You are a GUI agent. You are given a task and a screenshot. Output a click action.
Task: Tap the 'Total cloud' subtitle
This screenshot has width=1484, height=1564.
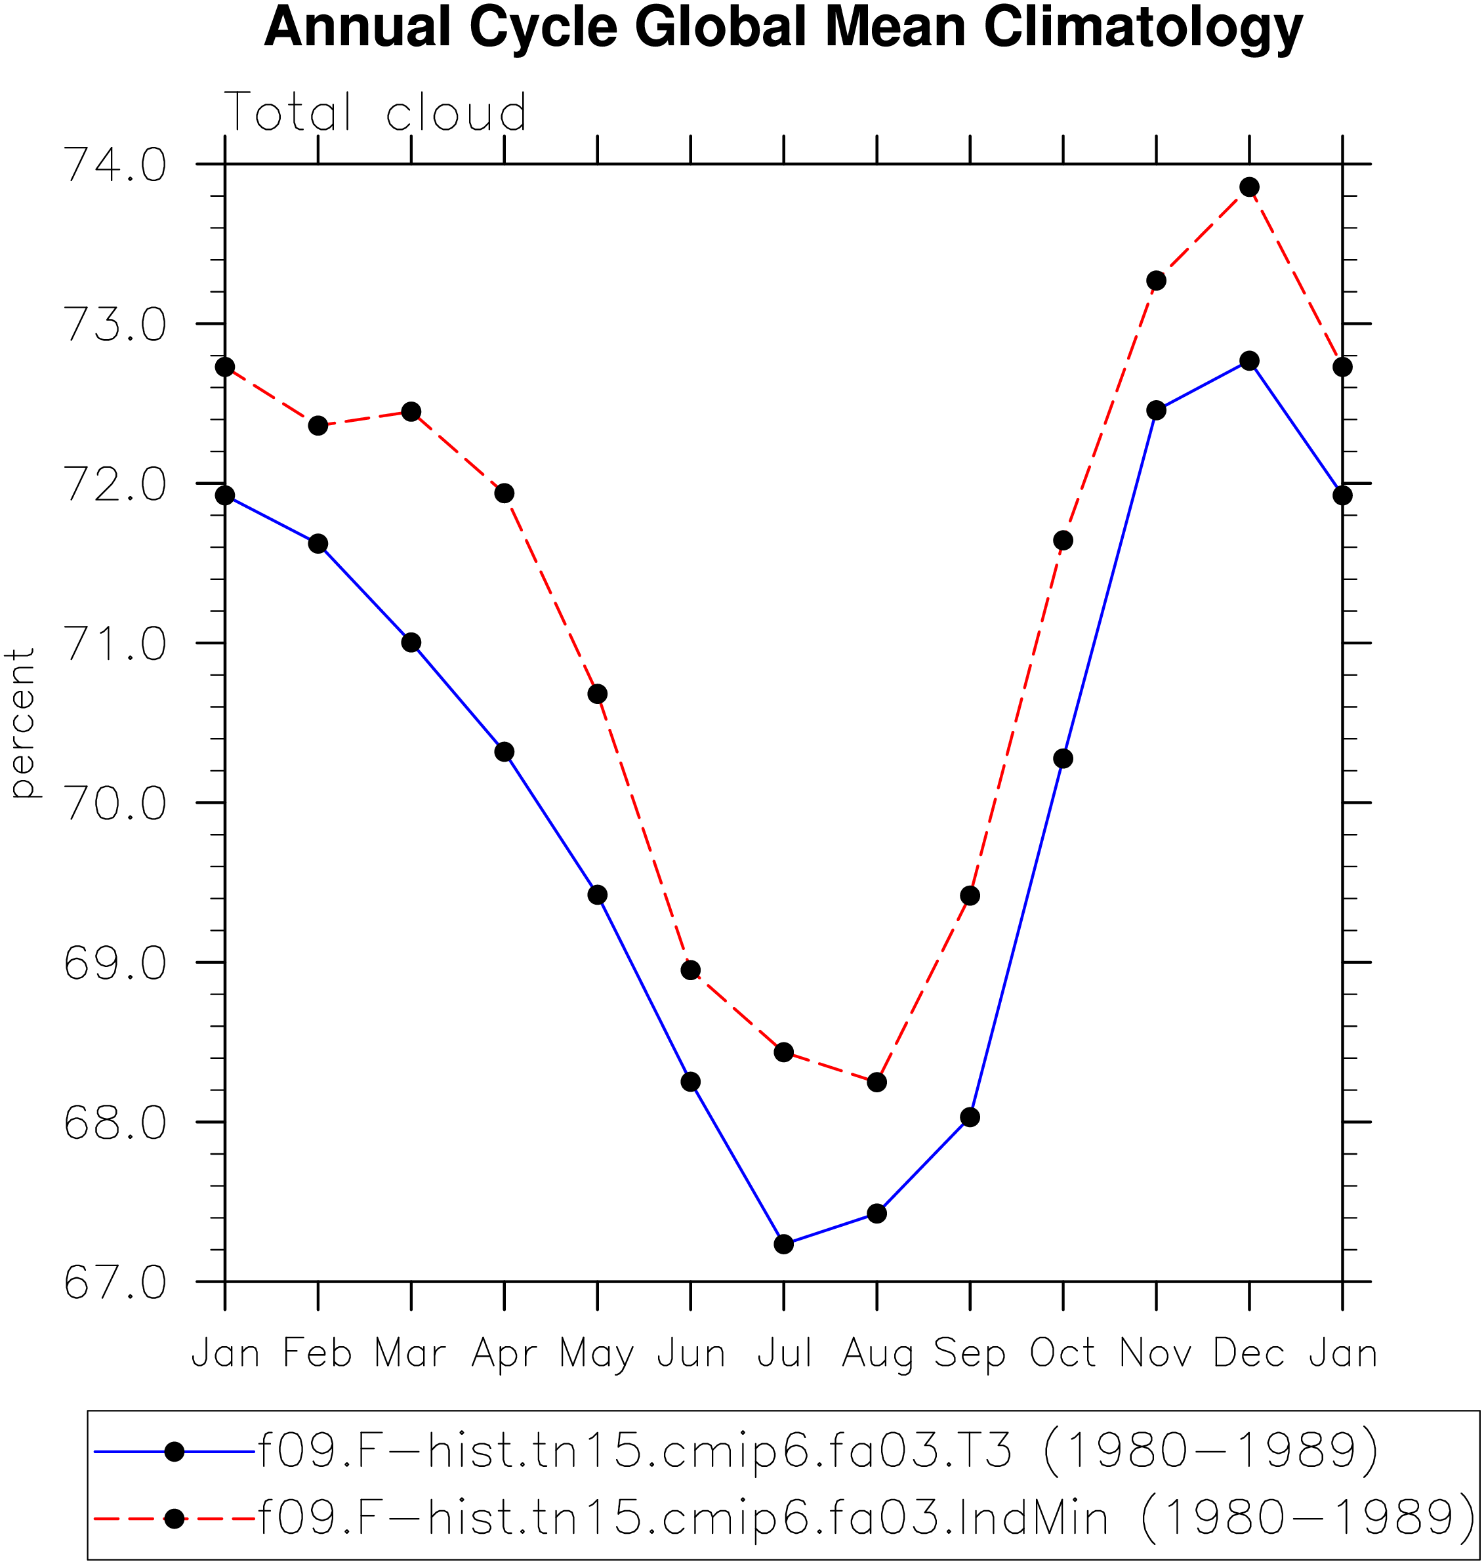point(376,112)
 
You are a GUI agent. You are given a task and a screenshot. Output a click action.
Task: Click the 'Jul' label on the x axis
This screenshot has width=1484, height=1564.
point(785,1353)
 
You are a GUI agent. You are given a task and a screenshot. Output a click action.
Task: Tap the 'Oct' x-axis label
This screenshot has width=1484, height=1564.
point(1063,1353)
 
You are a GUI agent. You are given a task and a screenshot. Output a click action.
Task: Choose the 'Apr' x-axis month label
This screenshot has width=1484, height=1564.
point(505,1354)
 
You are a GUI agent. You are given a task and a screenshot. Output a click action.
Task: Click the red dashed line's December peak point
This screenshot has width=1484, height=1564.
point(1250,188)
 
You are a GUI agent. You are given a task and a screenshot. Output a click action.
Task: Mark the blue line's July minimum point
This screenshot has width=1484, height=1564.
point(784,1245)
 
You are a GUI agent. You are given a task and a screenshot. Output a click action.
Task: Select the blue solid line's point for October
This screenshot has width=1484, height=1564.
point(1063,758)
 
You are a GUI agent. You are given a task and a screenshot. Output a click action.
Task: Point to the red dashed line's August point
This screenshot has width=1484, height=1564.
point(876,1082)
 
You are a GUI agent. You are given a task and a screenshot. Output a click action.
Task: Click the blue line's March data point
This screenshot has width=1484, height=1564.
point(411,642)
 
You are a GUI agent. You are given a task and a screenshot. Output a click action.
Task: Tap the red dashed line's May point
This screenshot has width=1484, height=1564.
point(598,694)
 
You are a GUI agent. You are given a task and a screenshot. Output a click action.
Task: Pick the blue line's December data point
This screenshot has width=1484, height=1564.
point(1250,361)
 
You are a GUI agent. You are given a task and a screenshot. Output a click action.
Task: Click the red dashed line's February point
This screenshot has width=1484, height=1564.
point(318,426)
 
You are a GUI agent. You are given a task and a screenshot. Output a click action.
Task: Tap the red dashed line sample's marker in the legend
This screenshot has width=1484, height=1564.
point(175,1519)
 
